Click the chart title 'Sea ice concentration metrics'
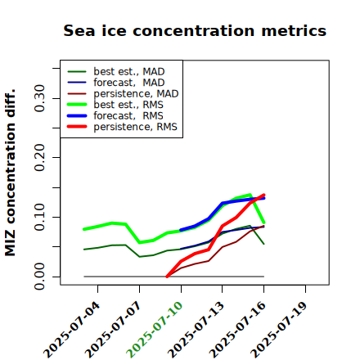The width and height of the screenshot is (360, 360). (195, 30)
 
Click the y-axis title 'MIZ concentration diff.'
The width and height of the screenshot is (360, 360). (10, 173)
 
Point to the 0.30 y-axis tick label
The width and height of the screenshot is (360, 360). (40, 98)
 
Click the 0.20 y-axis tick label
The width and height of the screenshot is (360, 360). (40, 157)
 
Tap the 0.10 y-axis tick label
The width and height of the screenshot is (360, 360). (40, 217)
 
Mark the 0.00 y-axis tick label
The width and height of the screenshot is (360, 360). (40, 277)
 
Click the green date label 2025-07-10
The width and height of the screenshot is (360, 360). (155, 330)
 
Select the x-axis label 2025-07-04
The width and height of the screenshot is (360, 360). (71, 330)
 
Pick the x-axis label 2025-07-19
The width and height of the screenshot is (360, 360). (279, 330)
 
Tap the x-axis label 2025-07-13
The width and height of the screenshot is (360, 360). (196, 330)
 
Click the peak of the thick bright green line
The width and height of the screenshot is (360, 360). (250, 195)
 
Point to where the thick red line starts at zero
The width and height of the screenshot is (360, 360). (167, 277)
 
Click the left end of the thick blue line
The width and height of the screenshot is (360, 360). (181, 230)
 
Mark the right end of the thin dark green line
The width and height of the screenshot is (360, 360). (263, 244)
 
